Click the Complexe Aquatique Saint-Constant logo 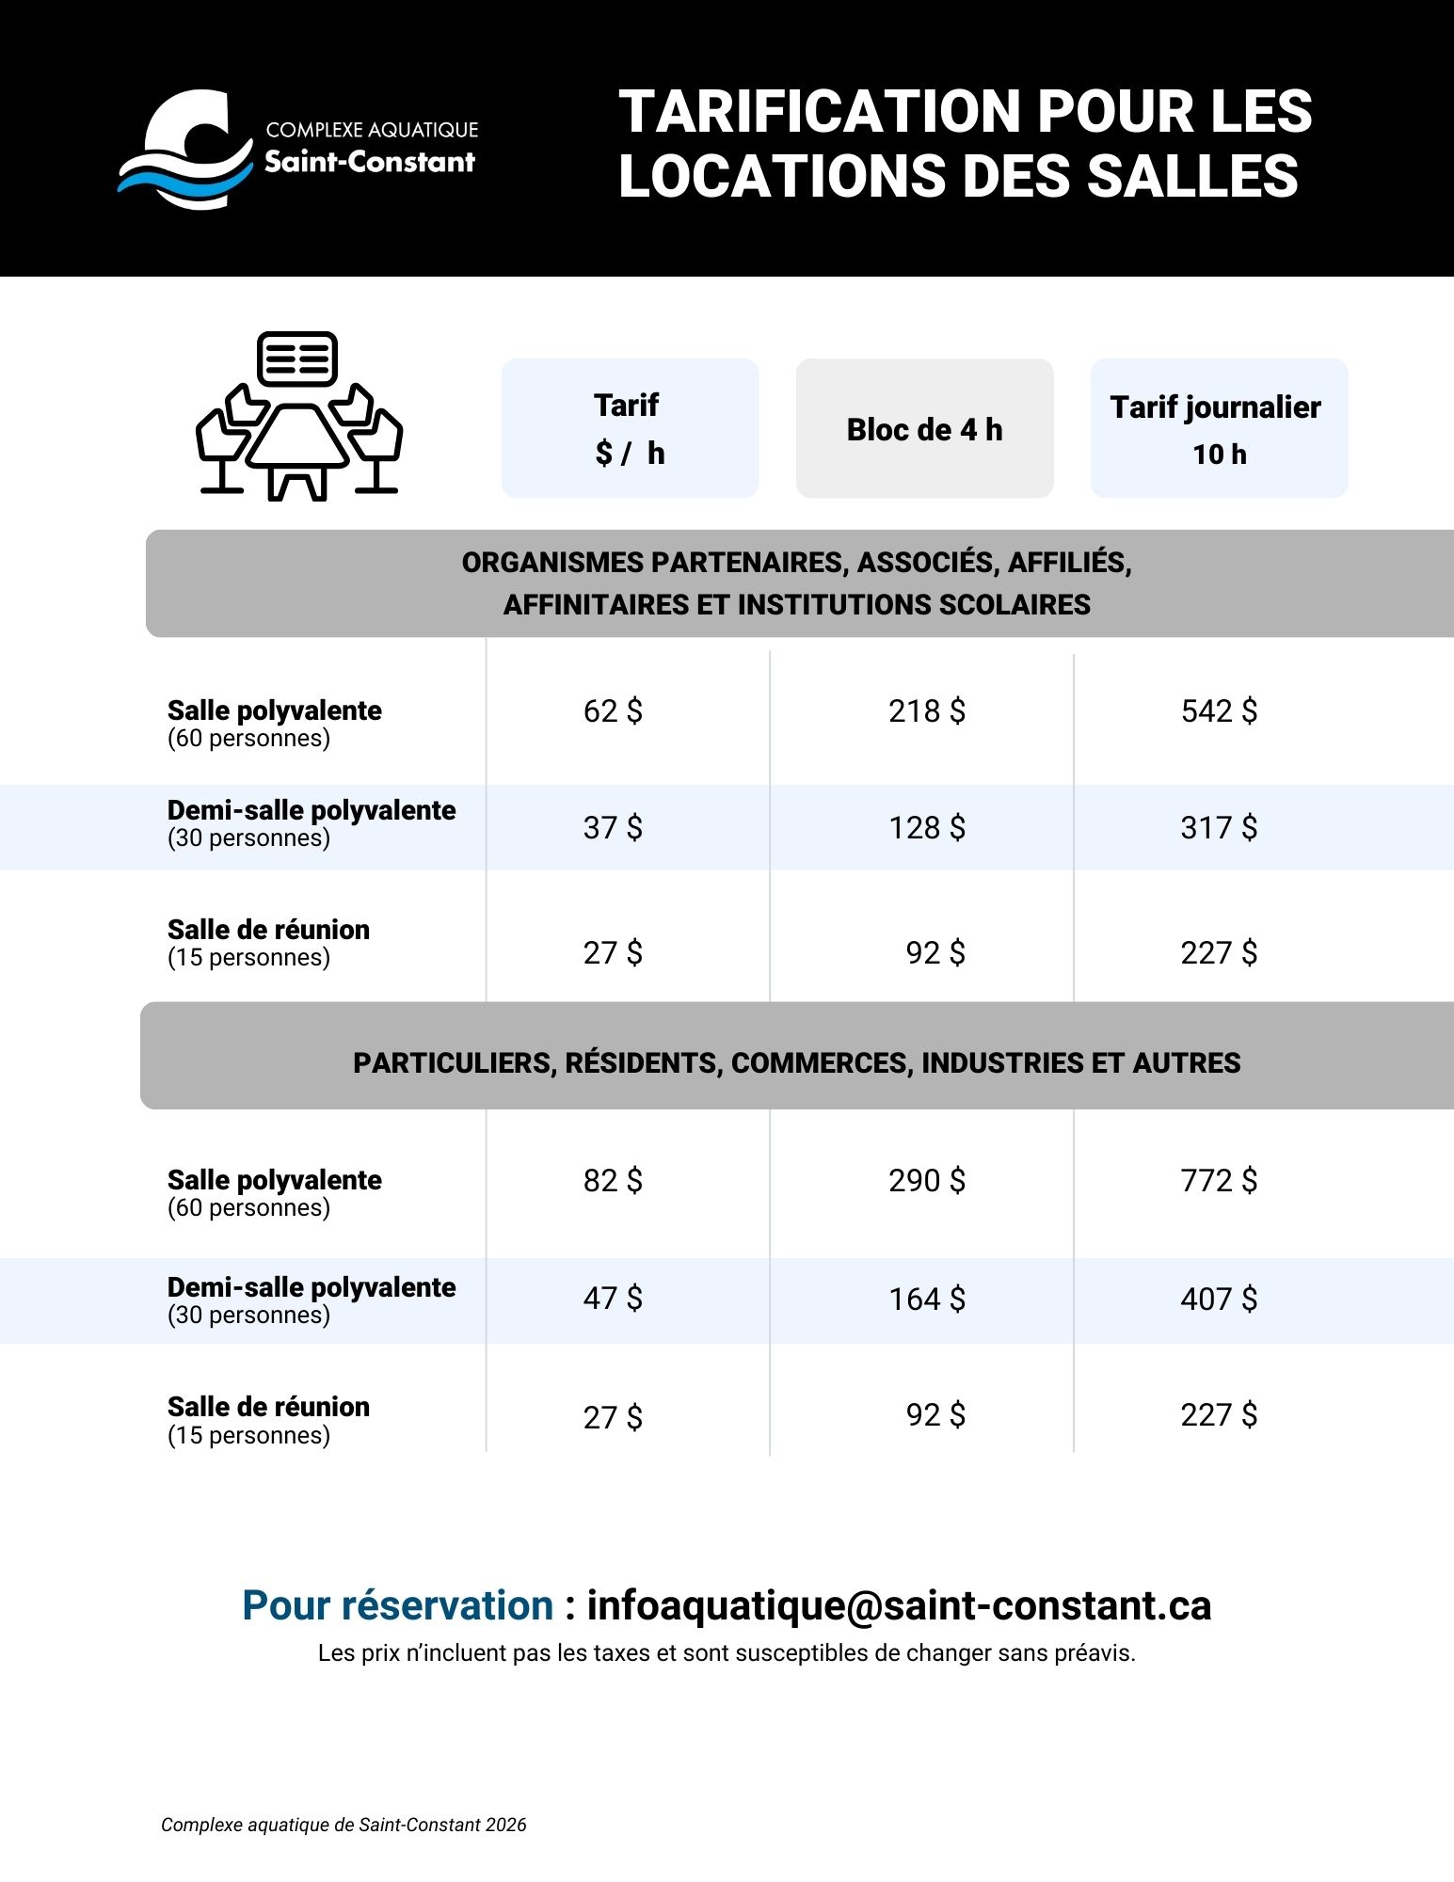[297, 149]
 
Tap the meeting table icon [299, 416]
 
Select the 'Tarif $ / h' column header [630, 428]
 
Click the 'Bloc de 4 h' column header [924, 429]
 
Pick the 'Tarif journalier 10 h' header [1219, 428]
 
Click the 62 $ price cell [613, 711]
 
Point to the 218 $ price [927, 711]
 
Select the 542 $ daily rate [1219, 711]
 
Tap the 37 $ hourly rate [613, 828]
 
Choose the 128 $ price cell [927, 828]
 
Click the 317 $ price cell [1219, 828]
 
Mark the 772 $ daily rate [1219, 1181]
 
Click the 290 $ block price [927, 1181]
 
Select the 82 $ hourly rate [613, 1181]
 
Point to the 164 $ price [927, 1300]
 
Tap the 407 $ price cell [1219, 1300]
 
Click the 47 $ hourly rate [613, 1299]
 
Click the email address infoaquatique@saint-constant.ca [899, 1606]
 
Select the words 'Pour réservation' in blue [398, 1606]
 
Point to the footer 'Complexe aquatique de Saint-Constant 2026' [344, 1826]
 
